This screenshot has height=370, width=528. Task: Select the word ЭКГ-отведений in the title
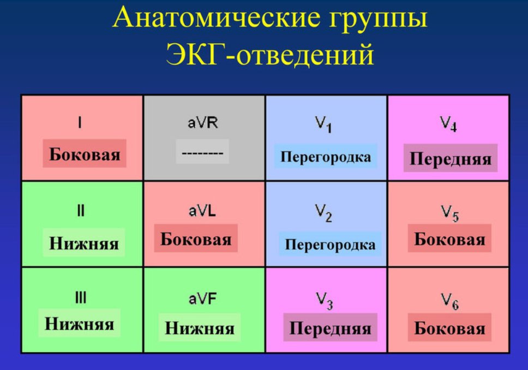pyautogui.click(x=269, y=54)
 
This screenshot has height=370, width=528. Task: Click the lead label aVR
pyautogui.click(x=203, y=123)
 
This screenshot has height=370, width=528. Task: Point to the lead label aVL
pyautogui.click(x=202, y=211)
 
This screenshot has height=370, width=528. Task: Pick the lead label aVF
pyautogui.click(x=202, y=299)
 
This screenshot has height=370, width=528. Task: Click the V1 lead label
pyautogui.click(x=323, y=124)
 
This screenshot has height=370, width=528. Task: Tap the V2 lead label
pyautogui.click(x=323, y=213)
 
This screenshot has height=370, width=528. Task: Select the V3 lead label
pyautogui.click(x=325, y=301)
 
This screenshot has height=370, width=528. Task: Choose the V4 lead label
pyautogui.click(x=448, y=124)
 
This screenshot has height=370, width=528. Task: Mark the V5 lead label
pyautogui.click(x=450, y=213)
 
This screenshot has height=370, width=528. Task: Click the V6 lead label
pyautogui.click(x=450, y=301)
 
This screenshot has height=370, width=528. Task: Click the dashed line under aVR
pyautogui.click(x=202, y=153)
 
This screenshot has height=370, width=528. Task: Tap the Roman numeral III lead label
pyautogui.click(x=81, y=298)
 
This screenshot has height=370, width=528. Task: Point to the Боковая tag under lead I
pyautogui.click(x=85, y=154)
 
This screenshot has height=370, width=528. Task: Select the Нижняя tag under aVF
pyautogui.click(x=200, y=327)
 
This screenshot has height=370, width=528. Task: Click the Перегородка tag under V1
pyautogui.click(x=326, y=157)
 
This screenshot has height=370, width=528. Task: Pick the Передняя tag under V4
pyautogui.click(x=451, y=158)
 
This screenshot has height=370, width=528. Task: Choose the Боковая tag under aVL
pyautogui.click(x=196, y=238)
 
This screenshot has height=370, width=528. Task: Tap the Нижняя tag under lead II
pyautogui.click(x=84, y=243)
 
